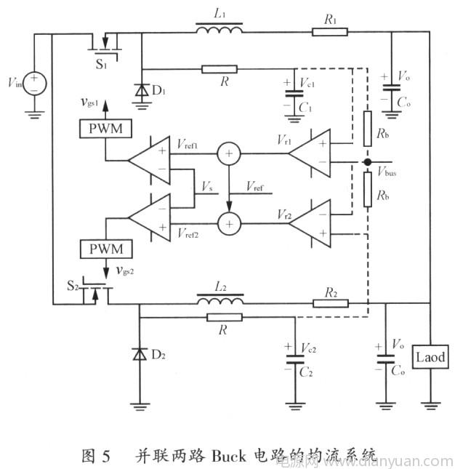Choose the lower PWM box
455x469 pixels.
106,249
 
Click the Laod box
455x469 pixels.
429,358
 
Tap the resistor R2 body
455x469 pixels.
330,302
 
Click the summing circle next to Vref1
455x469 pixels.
229,153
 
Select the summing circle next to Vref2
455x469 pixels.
229,223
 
